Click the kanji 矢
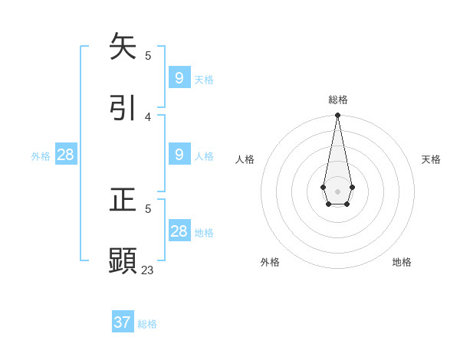123,47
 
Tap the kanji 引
123,107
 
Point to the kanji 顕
123,260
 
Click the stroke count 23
147,270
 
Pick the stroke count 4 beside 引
148,116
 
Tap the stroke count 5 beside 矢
148,55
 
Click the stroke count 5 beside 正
148,208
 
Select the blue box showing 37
123,322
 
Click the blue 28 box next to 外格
66,155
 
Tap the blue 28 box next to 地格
179,231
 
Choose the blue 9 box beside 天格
179,77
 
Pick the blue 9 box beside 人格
179,155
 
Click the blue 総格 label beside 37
147,324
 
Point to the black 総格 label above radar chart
338,100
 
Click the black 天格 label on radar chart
431,159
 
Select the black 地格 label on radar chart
402,262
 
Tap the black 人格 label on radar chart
245,159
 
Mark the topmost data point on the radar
337,115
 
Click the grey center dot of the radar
337,191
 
